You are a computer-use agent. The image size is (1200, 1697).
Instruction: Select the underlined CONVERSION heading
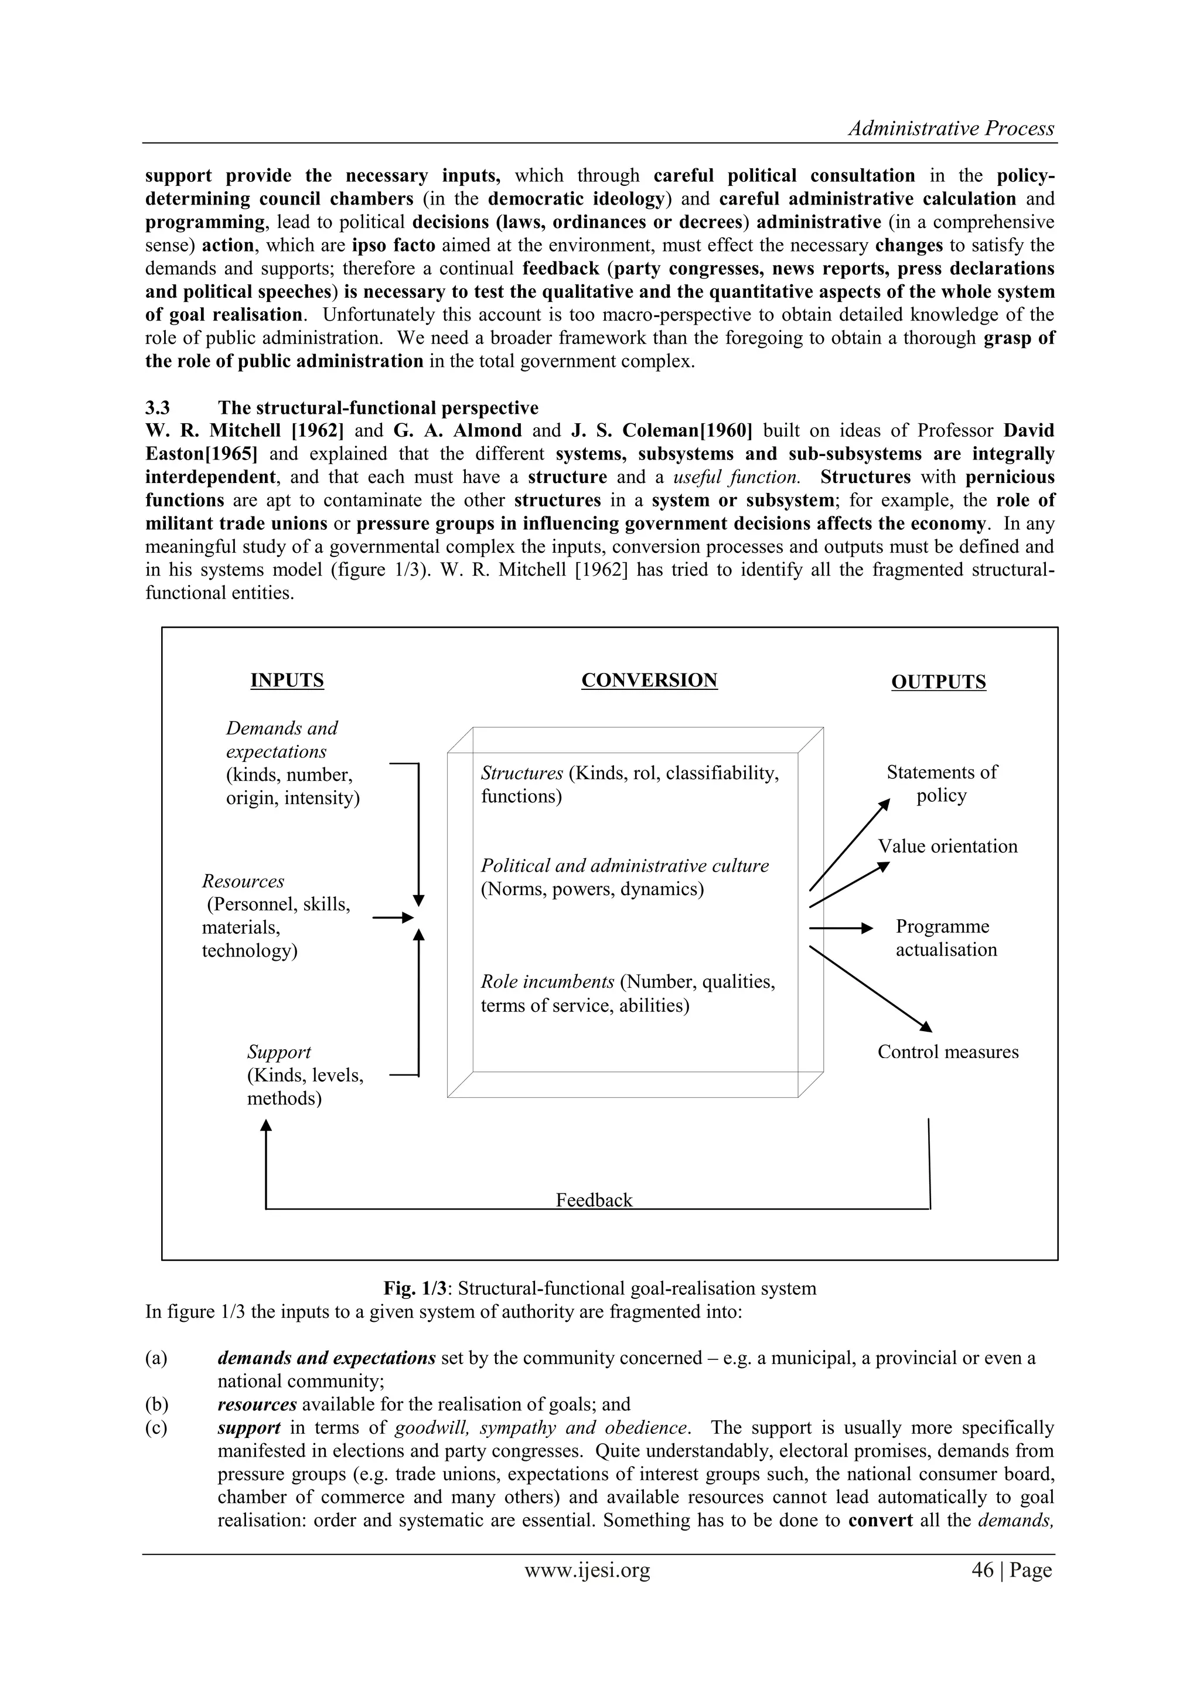coord(649,680)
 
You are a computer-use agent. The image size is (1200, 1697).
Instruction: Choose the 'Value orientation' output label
coord(947,846)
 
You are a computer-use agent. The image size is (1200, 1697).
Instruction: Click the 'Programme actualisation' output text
coord(946,938)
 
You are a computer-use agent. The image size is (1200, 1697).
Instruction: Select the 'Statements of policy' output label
coord(942,784)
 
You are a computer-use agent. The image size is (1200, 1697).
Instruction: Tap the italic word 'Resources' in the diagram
coord(243,881)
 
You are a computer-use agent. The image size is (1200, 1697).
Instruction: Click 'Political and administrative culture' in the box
coord(625,866)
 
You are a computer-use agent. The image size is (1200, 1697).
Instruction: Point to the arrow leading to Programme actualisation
coord(841,929)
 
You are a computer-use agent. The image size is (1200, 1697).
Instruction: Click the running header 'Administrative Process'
coord(951,128)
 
